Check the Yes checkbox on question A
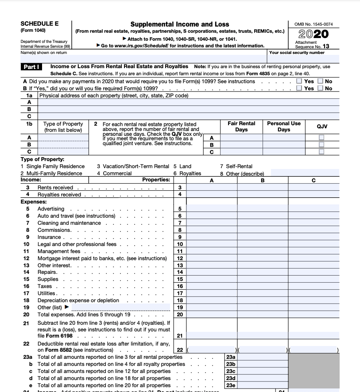pos(299,81)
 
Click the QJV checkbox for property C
pos(322,152)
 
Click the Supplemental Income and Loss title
pos(180,24)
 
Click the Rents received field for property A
pos(211,188)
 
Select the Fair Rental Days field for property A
pos(241,138)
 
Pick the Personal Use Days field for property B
pos(283,145)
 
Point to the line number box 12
pos(180,258)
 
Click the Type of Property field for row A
pos(63,138)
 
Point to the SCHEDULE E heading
pos(39,24)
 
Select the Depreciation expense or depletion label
pos(78,300)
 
